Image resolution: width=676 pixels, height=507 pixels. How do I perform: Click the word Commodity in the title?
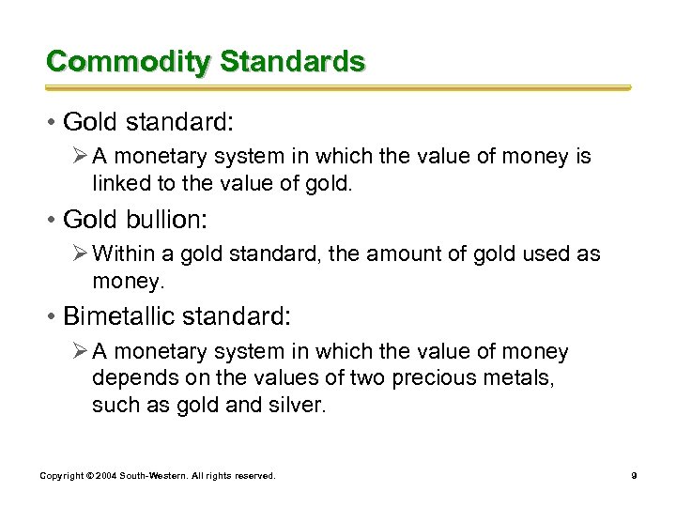click(129, 62)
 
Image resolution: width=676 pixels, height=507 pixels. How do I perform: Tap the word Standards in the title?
click(292, 62)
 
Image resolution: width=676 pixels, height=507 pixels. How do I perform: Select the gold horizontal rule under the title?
click(338, 87)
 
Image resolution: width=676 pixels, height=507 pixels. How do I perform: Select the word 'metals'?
click(530, 378)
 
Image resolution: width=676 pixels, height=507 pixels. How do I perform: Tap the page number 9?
click(635, 477)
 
